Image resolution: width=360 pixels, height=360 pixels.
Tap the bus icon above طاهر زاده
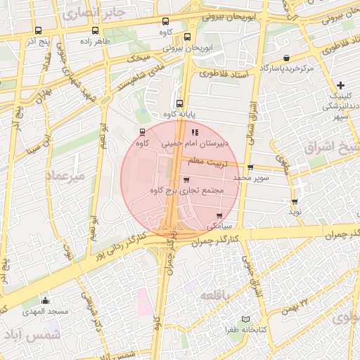pyautogui.click(x=96, y=30)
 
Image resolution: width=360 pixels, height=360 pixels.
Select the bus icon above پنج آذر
pyautogui.click(x=37, y=30)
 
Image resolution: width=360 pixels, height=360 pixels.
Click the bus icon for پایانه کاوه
pyautogui.click(x=180, y=103)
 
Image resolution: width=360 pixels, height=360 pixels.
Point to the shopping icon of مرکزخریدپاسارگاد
pyautogui.click(x=286, y=58)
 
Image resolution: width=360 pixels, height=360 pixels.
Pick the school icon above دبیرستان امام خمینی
pyautogui.click(x=195, y=131)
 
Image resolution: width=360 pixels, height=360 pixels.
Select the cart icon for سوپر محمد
pyautogui.click(x=250, y=167)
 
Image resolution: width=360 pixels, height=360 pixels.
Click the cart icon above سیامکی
pyautogui.click(x=220, y=215)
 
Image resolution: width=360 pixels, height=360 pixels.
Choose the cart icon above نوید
pyautogui.click(x=295, y=200)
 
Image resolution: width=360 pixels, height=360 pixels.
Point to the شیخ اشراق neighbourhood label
pyautogui.click(x=331, y=148)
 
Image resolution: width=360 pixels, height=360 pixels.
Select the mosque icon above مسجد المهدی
pyautogui.click(x=46, y=300)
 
